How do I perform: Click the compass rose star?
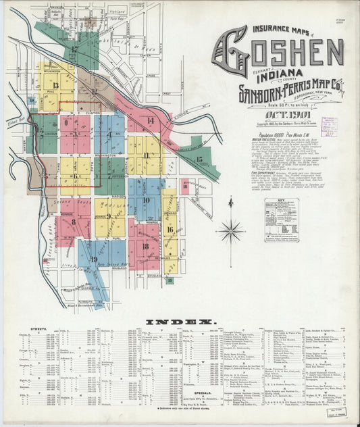tap(230, 231)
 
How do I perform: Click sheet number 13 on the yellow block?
tap(55, 86)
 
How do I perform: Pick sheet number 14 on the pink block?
tap(150, 120)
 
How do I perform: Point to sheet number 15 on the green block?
tap(199, 159)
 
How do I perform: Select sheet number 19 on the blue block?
tap(94, 259)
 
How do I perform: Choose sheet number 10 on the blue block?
tap(146, 200)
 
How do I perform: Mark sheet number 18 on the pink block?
tap(145, 246)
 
